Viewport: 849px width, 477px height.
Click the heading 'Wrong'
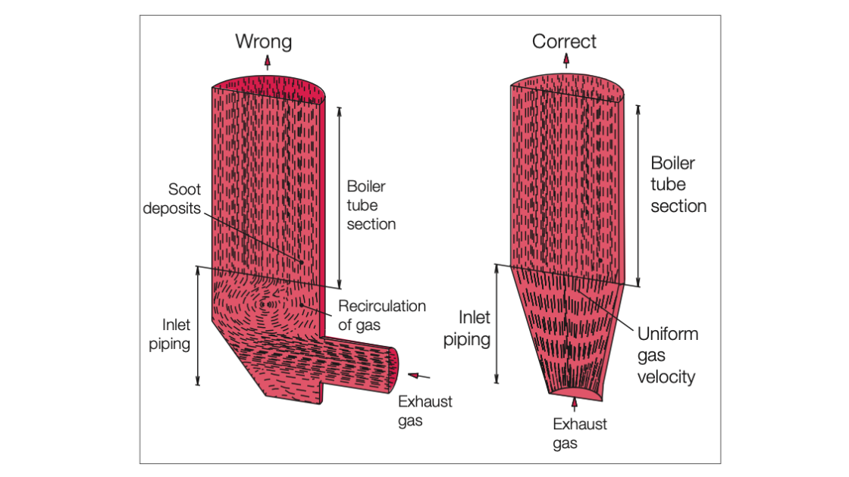pyautogui.click(x=263, y=41)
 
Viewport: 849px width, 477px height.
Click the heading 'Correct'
pyautogui.click(x=564, y=41)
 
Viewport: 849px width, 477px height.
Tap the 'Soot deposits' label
pyautogui.click(x=173, y=198)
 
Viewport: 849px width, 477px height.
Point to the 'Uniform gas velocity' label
pyautogui.click(x=667, y=355)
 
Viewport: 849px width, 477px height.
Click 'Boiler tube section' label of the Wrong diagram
pyautogui.click(x=371, y=204)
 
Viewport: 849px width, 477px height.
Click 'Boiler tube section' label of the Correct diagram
pyautogui.click(x=678, y=184)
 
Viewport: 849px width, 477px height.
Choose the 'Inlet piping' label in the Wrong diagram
pyautogui.click(x=177, y=334)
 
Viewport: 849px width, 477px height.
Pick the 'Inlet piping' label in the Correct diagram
pyautogui.click(x=467, y=329)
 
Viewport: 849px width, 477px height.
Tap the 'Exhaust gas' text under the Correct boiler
pyautogui.click(x=579, y=433)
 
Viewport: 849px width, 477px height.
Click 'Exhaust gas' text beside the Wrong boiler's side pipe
pyautogui.click(x=424, y=411)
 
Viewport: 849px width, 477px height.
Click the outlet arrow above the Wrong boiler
pyautogui.click(x=267, y=63)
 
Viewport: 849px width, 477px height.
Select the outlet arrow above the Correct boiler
pyautogui.click(x=566, y=63)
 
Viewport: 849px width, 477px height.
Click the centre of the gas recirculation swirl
pyautogui.click(x=268, y=304)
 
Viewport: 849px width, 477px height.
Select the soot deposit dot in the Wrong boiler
pyautogui.click(x=301, y=262)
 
